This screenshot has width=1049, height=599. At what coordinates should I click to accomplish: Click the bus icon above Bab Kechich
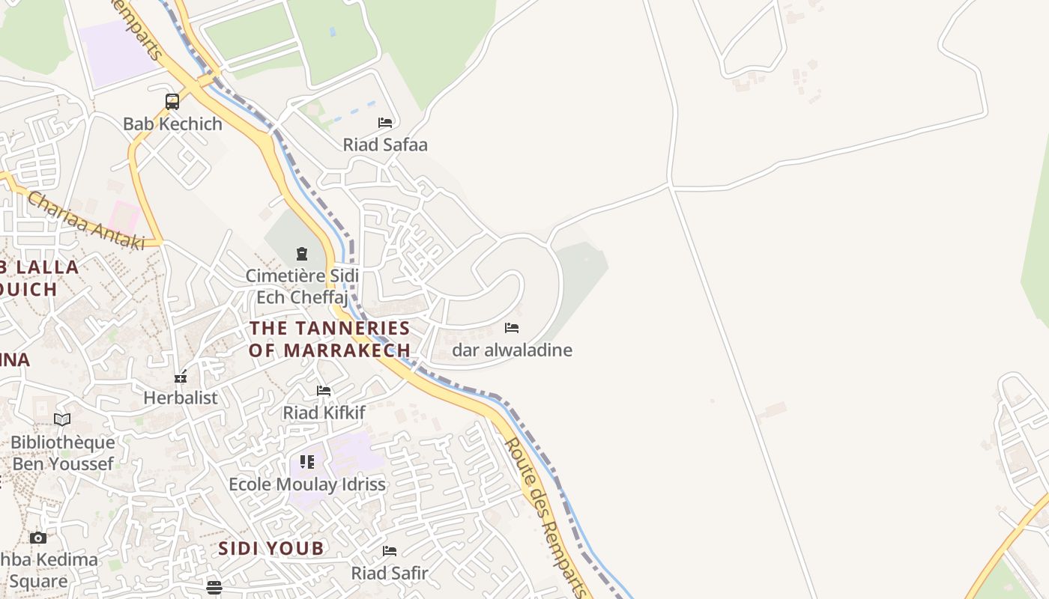coord(172,101)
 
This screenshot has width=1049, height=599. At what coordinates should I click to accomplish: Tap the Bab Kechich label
coord(172,124)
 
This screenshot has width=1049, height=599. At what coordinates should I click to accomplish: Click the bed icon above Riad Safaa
coord(385,122)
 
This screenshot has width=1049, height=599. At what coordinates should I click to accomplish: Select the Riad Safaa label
coord(385,145)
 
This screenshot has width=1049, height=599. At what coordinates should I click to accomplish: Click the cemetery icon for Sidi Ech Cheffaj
coord(302,254)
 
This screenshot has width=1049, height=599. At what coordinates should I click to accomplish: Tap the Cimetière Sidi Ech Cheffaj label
coord(302,286)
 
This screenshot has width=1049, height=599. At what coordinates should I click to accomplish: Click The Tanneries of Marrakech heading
coord(330,338)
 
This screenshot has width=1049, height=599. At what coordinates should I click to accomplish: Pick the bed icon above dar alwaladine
coord(512,328)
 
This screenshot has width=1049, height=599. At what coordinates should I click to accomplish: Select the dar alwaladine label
coord(512,350)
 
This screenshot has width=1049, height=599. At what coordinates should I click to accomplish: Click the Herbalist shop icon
coord(181,377)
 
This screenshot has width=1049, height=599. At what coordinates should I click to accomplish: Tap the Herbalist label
coord(181,398)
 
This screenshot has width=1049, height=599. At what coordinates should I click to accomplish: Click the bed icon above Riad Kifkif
coord(324,391)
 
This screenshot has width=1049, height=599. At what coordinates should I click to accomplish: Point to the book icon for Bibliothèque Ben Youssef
coord(62,420)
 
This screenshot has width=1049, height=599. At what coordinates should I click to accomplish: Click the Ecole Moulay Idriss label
coord(307,484)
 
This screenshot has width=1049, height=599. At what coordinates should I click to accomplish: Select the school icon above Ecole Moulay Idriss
coord(307,462)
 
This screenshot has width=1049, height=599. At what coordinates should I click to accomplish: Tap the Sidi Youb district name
coord(271,548)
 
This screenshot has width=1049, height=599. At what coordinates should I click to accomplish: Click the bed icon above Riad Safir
coord(390,551)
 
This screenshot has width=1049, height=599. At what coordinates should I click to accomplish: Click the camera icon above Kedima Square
coord(38,538)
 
